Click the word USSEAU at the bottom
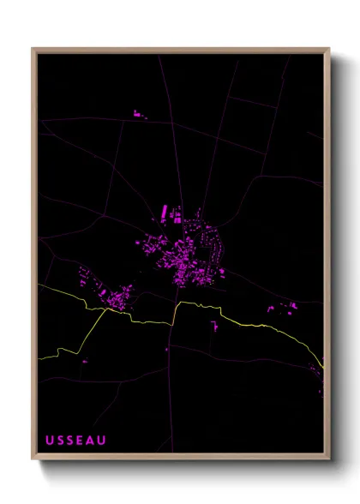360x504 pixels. pyautogui.click(x=76, y=441)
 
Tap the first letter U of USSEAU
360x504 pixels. pyautogui.click(x=50, y=441)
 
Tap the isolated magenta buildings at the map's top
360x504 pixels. pyautogui.click(x=138, y=114)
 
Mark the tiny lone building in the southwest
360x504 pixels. pyautogui.click(x=84, y=362)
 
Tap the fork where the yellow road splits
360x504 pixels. pyautogui.click(x=105, y=310)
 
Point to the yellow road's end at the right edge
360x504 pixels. pyautogui.click(x=324, y=367)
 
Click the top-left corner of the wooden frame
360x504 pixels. pyautogui.click(x=33, y=49)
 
